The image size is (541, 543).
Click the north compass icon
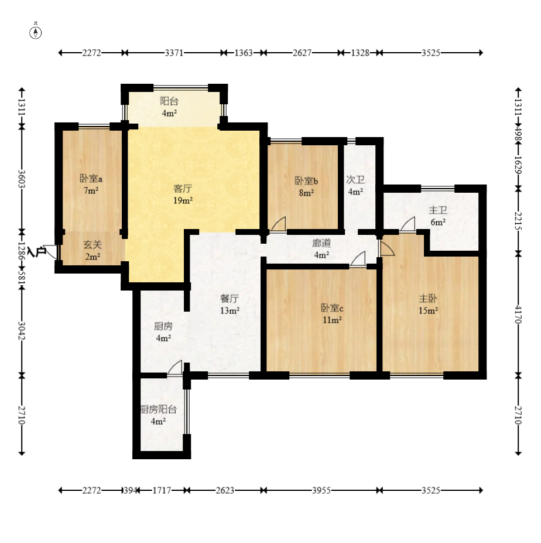tap(35, 32)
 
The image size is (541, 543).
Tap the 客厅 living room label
tap(183, 189)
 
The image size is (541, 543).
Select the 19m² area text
tap(183, 200)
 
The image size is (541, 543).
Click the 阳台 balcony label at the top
tap(169, 101)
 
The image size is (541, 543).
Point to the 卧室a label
tap(91, 179)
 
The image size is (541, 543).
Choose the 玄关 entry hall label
tap(93, 245)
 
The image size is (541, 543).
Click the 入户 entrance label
tap(37, 251)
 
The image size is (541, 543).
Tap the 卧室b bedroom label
tap(306, 181)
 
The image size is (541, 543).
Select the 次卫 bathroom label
tap(355, 180)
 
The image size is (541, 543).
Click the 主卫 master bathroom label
tap(438, 210)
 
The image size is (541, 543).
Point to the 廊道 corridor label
tap(321, 243)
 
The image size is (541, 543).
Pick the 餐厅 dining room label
tap(230, 299)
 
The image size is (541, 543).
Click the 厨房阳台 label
tap(159, 409)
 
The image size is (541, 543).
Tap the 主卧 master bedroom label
tap(428, 299)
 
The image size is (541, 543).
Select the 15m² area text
tap(428, 310)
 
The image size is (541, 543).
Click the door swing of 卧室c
tap(358, 259)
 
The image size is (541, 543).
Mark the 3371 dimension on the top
tap(174, 53)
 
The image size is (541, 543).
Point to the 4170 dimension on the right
tap(518, 314)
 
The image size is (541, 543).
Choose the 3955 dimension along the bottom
tap(321, 490)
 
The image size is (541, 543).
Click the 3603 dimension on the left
tap(22, 178)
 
